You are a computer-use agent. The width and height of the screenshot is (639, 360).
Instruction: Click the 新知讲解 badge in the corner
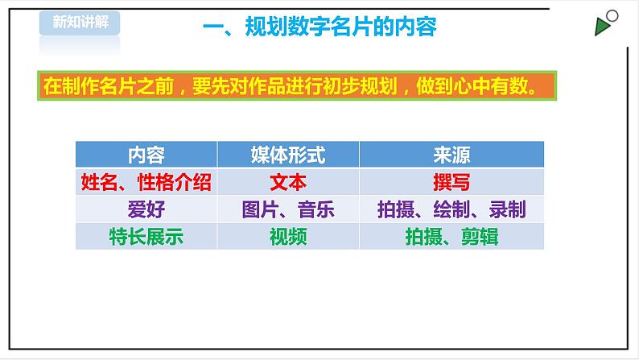[x=79, y=23]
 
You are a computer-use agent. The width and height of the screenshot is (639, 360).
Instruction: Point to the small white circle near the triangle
[x=613, y=16]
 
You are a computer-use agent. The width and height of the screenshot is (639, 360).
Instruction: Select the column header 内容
[x=146, y=155]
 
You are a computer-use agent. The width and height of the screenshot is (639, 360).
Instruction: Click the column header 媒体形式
[x=288, y=155]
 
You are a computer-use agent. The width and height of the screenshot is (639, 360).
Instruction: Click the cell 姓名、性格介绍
[x=146, y=182]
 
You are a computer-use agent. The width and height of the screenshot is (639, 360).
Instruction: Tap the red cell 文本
[x=288, y=182]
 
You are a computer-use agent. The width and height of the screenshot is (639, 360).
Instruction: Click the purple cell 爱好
[x=146, y=209]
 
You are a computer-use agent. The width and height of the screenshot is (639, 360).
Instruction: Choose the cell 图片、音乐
[x=288, y=209]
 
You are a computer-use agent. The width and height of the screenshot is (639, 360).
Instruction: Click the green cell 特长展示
[x=146, y=237]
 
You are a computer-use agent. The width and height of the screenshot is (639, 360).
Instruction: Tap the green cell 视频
[x=288, y=237]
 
